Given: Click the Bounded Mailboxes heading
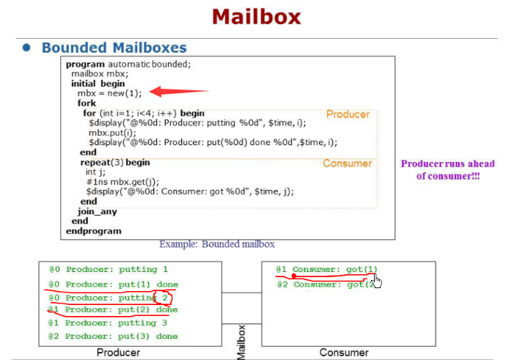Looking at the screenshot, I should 114,48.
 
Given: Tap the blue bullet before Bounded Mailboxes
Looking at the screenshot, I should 26,48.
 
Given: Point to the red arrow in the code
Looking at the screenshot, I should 179,92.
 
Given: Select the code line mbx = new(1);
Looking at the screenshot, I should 110,93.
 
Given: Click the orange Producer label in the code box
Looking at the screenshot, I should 348,114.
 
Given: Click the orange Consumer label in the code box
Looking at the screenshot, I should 347,164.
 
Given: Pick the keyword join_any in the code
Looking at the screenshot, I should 97,210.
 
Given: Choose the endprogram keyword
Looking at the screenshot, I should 94,230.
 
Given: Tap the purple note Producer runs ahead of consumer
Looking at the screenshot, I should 447,169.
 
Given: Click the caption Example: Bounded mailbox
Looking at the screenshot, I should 216,244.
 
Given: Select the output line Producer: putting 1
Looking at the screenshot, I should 109,269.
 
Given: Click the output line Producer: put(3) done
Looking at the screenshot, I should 113,336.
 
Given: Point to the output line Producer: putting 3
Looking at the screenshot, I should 109,323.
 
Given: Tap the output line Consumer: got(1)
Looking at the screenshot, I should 327,269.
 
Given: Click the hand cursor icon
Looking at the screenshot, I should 377,282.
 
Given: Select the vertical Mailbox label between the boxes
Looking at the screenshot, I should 243,342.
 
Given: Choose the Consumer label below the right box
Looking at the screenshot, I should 344,353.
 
